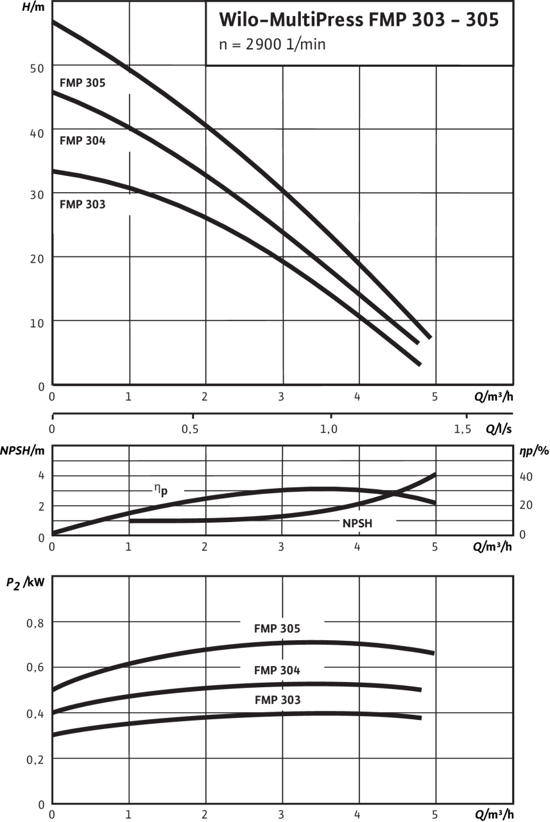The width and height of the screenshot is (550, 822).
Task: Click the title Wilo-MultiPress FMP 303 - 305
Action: [x=358, y=20]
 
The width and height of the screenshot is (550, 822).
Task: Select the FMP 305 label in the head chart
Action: [x=82, y=83]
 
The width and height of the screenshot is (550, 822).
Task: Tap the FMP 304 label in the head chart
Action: [x=82, y=141]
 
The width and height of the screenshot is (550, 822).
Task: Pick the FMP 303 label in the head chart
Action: [x=82, y=205]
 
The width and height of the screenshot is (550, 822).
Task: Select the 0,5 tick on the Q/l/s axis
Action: [x=190, y=429]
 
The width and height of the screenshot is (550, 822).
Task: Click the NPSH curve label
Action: [x=357, y=523]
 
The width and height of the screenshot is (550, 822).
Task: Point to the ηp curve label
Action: [x=159, y=489]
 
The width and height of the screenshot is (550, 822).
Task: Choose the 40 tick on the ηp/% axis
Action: [x=526, y=476]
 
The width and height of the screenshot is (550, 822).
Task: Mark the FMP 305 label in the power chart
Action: [x=277, y=629]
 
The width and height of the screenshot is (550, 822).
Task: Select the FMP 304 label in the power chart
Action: [x=277, y=670]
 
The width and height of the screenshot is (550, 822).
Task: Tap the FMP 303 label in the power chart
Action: [x=277, y=700]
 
